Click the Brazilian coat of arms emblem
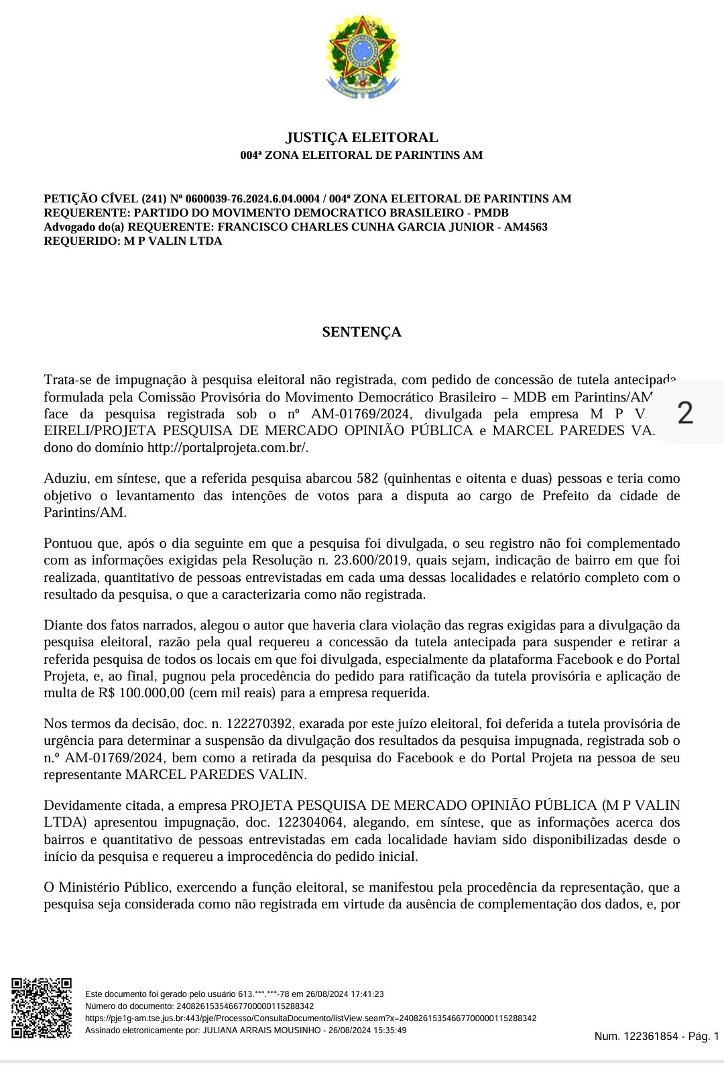362,58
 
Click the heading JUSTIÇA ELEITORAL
362,137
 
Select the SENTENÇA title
361,332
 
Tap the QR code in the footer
41,1008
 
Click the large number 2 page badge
684,412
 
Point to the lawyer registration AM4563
526,227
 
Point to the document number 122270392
260,723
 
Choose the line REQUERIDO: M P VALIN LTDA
133,241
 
